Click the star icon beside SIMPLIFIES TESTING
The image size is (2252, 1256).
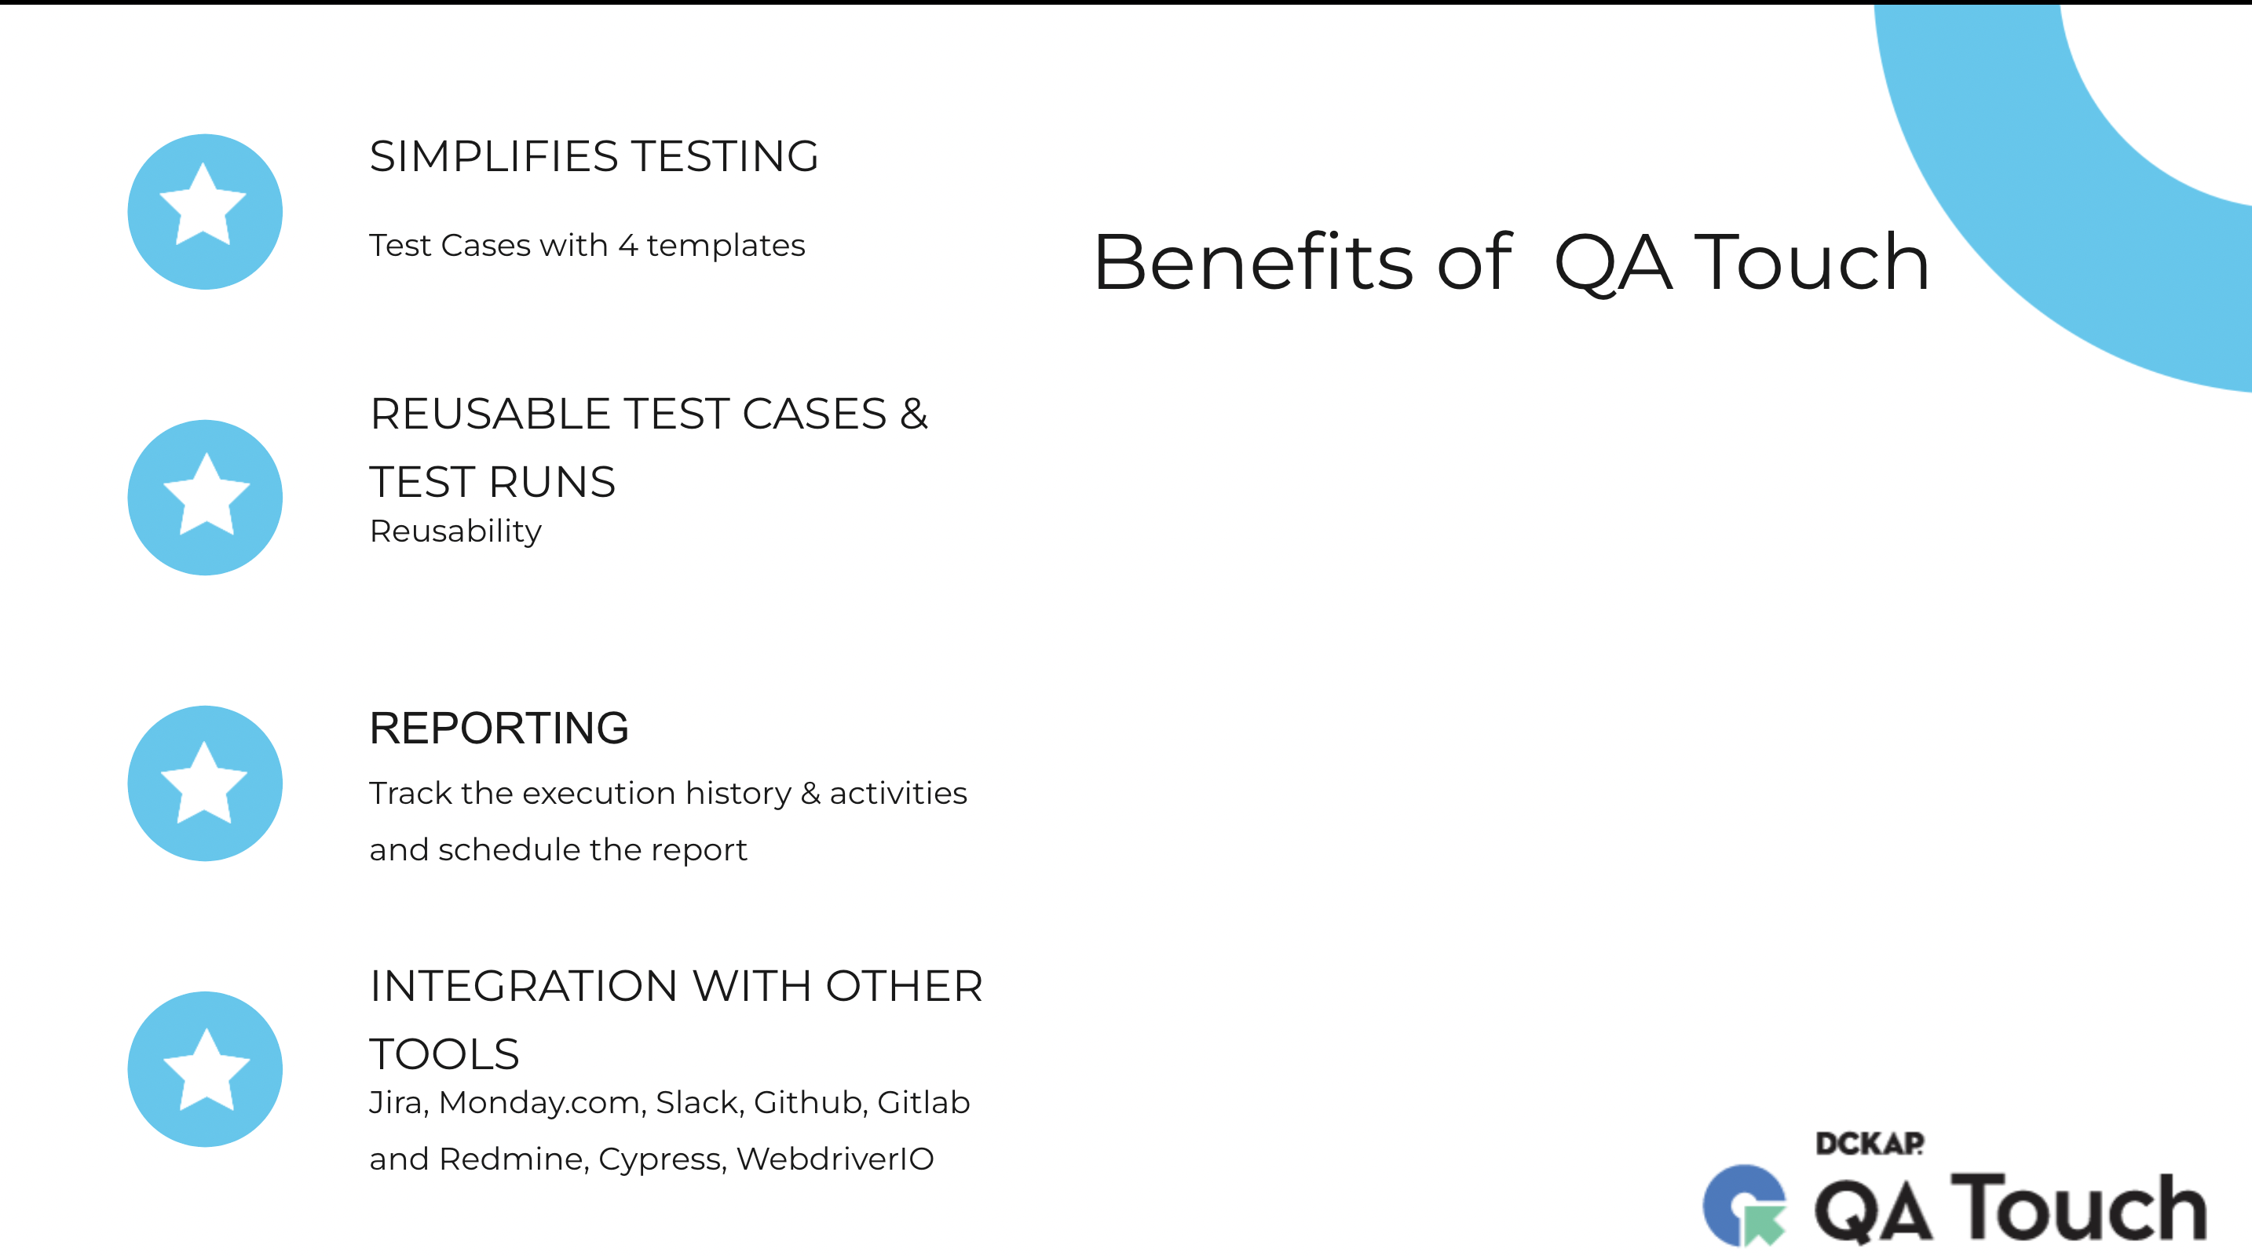coord(205,211)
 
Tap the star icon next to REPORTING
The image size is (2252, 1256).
coord(205,783)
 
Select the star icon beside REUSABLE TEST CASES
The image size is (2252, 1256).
coord(205,498)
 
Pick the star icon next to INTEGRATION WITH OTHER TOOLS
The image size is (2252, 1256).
coord(205,1069)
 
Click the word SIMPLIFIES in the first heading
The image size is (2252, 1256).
coord(494,156)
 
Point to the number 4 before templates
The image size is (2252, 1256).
coord(627,246)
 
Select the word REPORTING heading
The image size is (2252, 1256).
coord(499,728)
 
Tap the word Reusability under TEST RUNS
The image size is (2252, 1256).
coord(455,531)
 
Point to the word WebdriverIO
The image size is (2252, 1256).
coord(835,1159)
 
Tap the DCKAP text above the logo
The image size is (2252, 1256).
coord(1870,1143)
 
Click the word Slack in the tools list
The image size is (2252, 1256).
coord(700,1102)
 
